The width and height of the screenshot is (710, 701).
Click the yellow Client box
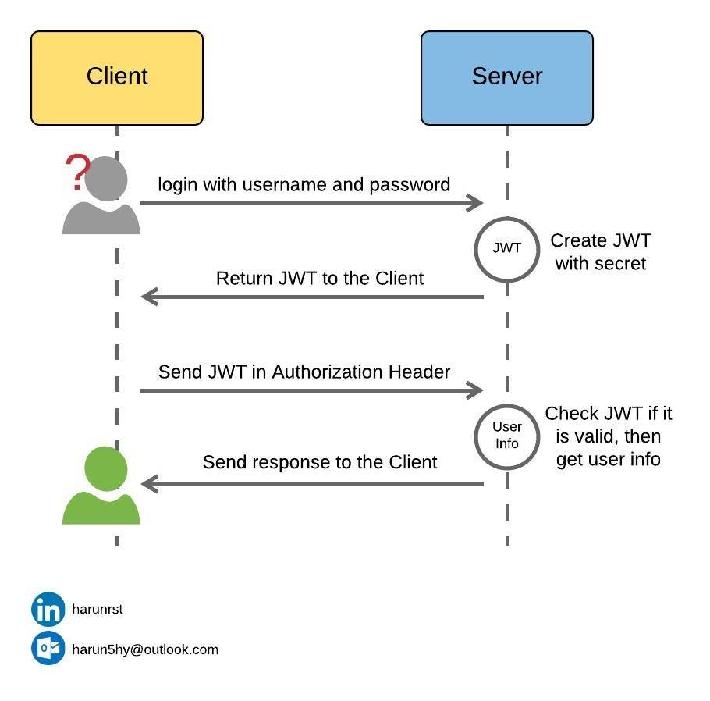[117, 78]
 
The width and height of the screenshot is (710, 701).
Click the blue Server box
[507, 78]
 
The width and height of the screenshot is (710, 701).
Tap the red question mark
[76, 173]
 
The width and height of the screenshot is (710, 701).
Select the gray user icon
[104, 199]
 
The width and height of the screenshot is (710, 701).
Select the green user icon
[102, 488]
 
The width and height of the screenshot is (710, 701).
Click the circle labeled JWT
[507, 249]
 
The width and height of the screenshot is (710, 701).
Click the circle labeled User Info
[507, 436]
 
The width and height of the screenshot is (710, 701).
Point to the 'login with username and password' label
[304, 185]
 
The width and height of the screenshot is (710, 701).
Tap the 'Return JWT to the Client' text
[320, 279]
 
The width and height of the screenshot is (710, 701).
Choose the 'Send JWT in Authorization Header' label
[304, 372]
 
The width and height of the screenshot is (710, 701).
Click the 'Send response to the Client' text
[320, 462]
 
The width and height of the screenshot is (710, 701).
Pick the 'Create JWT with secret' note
[601, 252]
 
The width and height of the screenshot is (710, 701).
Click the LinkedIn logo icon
[48, 609]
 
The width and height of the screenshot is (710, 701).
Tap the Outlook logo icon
[48, 649]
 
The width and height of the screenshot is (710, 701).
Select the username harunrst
[98, 610]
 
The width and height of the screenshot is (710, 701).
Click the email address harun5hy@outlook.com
[145, 649]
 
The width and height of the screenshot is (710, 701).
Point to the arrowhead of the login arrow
[476, 203]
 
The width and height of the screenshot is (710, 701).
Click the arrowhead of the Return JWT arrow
[149, 297]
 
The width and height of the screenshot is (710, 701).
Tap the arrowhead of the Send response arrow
[149, 484]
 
